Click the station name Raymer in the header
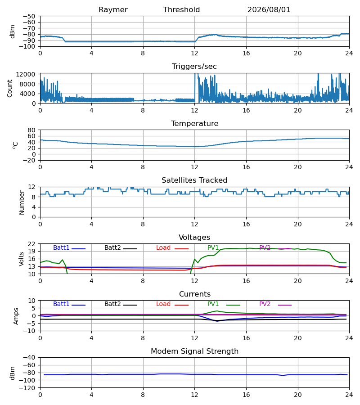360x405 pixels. pos(113,10)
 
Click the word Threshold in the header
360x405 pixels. pos(181,10)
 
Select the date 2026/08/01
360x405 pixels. pos(269,10)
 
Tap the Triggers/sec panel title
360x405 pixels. pos(194,67)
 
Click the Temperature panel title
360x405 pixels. pos(195,123)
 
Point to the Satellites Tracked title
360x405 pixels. pos(194,180)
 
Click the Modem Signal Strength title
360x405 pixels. pos(195,351)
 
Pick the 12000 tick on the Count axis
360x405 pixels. pos(26,74)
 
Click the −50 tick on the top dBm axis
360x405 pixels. pos(29,16)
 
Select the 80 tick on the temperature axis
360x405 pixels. pos(31,130)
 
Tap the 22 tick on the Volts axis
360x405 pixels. pos(31,244)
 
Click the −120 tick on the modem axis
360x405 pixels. pos(27,388)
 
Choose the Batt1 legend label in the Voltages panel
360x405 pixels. pos(61,247)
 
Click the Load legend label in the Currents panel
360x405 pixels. pos(163,304)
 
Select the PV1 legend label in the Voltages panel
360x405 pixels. pos(213,247)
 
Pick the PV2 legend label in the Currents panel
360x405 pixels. pos(265,304)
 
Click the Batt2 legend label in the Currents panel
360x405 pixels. pos(112,304)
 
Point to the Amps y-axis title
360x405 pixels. pos(16,316)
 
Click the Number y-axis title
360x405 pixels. pos(22,202)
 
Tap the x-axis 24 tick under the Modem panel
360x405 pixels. pos(349,395)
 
